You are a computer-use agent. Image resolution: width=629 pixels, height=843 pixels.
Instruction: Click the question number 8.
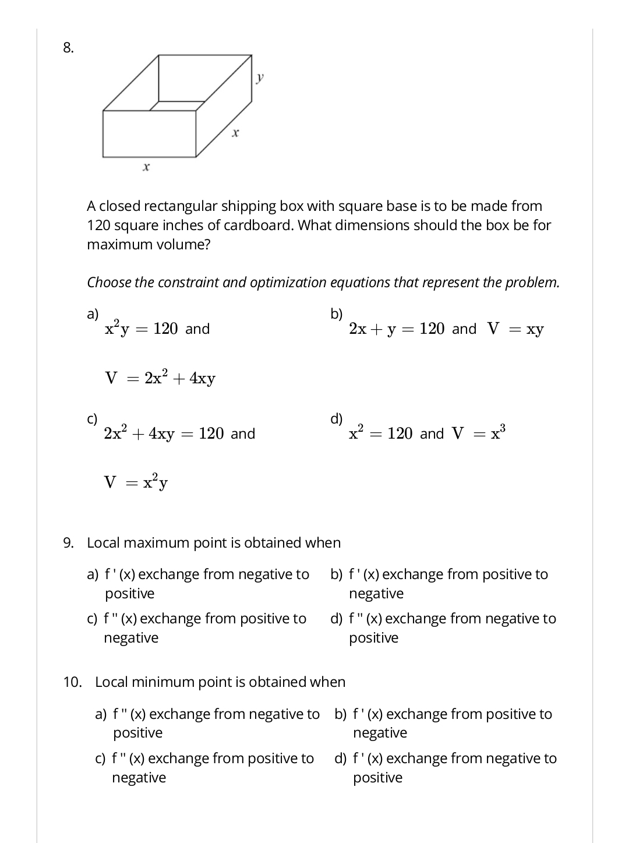(68, 48)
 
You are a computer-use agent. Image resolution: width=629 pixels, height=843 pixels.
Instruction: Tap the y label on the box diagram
(260, 76)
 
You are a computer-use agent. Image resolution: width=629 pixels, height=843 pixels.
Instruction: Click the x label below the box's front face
(146, 167)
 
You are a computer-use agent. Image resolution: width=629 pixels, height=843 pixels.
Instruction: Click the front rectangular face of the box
(149, 133)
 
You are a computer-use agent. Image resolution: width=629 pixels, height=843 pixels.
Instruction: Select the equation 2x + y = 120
(397, 329)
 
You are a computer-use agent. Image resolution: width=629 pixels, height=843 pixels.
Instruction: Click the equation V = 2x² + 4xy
(160, 378)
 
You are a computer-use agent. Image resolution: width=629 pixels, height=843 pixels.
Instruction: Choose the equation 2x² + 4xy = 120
(163, 434)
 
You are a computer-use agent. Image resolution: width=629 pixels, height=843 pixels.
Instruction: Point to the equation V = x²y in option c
(136, 482)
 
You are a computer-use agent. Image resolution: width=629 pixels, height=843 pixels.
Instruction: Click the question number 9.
(68, 543)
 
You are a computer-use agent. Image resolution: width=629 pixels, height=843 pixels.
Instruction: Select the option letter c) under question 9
(92, 619)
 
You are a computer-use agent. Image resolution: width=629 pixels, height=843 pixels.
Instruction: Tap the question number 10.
(72, 682)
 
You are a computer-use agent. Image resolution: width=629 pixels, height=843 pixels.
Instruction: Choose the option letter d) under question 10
(340, 759)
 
